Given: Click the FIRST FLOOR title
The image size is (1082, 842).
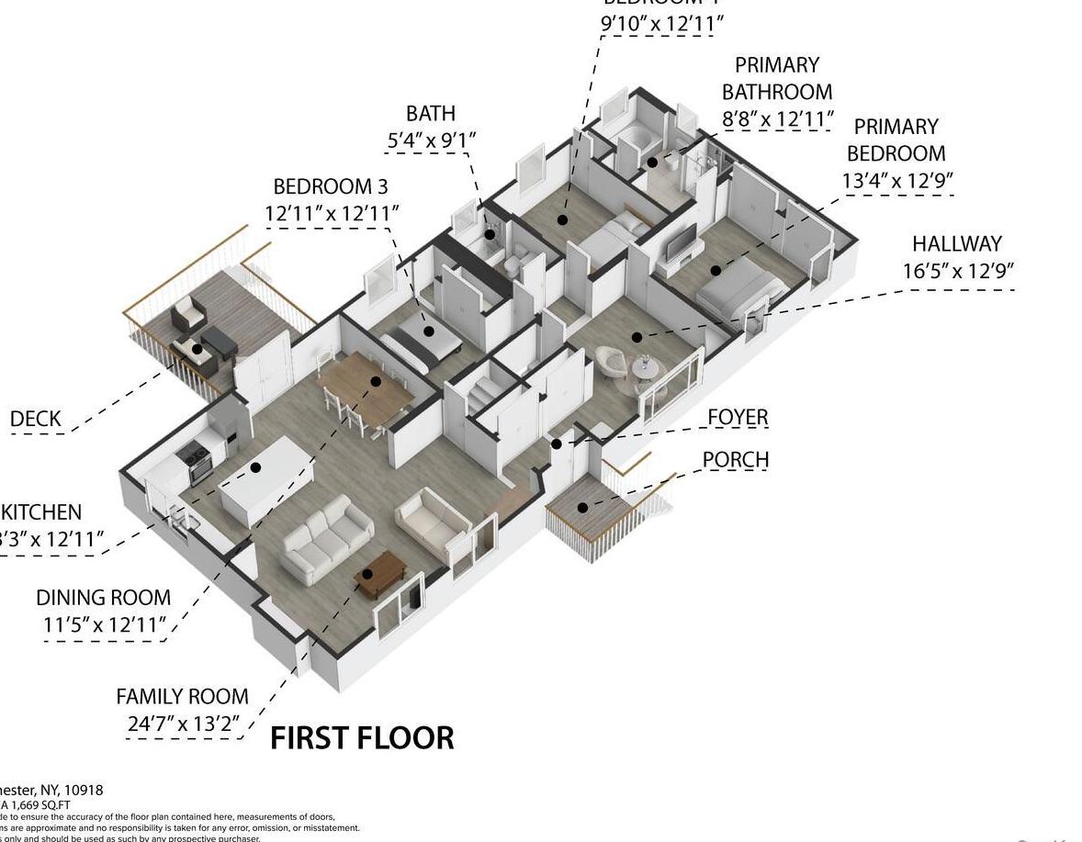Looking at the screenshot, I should [362, 738].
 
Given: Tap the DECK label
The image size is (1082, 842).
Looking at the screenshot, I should [36, 420].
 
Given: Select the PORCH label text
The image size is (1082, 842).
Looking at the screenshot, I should [736, 459].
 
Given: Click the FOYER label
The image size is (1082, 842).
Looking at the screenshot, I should [738, 418].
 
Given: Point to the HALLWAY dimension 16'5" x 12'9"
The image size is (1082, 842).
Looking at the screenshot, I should [958, 272].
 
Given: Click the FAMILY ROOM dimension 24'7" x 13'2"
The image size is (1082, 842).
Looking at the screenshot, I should [184, 724].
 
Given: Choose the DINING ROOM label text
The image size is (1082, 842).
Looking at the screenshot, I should [103, 598].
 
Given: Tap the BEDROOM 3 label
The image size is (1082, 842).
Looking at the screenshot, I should [331, 186].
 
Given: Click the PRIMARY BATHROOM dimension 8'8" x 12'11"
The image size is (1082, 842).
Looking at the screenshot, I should [778, 118].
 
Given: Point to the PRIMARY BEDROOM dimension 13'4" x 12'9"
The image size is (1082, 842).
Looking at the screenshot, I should [896, 181].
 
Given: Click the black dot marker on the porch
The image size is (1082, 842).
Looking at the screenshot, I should [582, 508].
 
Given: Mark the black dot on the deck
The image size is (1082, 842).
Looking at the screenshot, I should [197, 350].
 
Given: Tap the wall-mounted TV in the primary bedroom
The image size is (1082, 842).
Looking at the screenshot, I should [682, 243].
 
